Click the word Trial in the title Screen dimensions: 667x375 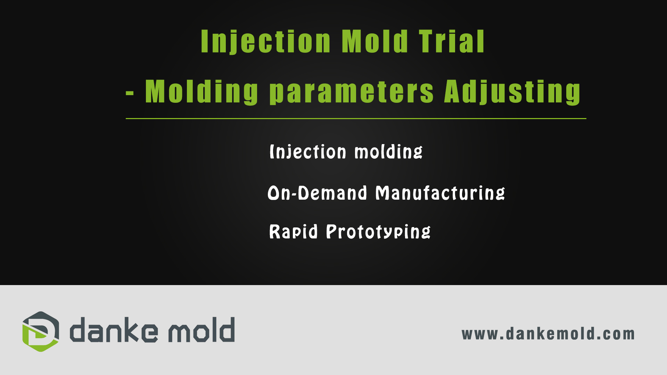tap(451, 41)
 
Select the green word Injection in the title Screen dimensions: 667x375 tap(266, 42)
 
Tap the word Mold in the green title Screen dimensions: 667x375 tap(375, 41)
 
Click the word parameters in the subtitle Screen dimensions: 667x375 tap(352, 92)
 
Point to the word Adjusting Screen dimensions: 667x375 tap(512, 92)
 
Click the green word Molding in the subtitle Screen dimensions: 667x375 tap(201, 92)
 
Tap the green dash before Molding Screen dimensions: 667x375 tap(130, 93)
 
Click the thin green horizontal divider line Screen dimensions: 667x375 tap(356, 118)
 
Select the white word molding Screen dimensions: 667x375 tap(388, 152)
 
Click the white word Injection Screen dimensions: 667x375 tap(308, 152)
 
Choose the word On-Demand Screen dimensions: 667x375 tap(317, 193)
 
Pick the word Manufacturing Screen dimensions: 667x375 tap(440, 193)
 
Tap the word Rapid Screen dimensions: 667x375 tap(294, 231)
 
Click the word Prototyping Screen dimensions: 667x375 tap(378, 231)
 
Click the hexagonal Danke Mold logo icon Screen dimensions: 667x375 tap(41, 332)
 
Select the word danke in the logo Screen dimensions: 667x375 tap(114, 330)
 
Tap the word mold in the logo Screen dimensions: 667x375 tap(201, 330)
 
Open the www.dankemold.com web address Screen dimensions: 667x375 tap(548, 334)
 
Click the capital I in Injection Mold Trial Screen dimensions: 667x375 tap(204, 41)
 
